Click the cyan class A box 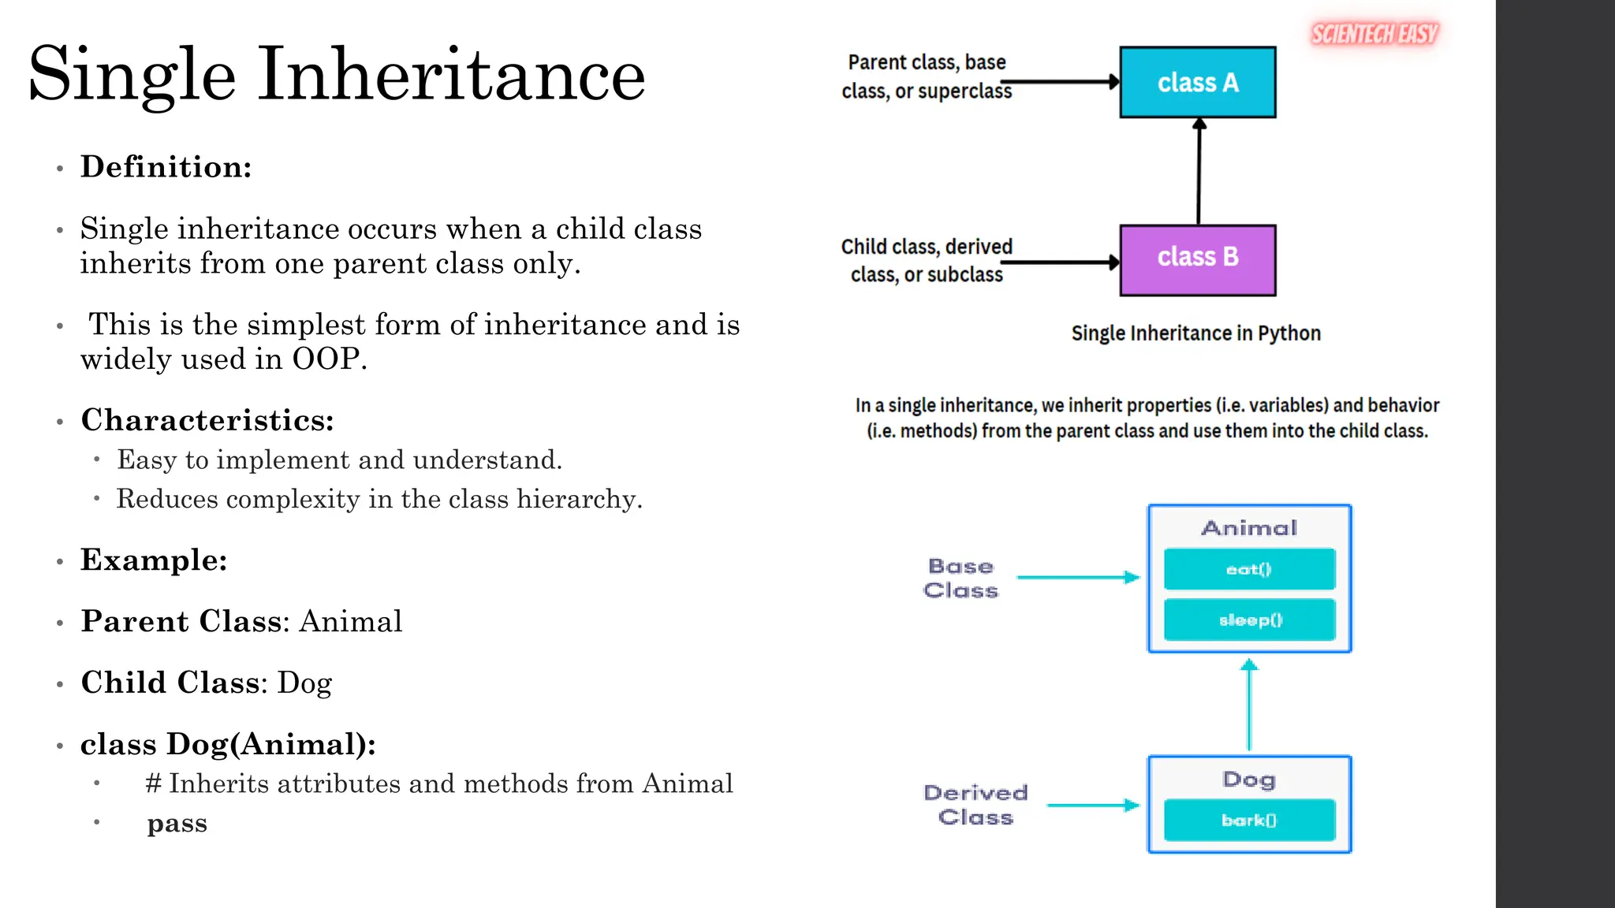(x=1197, y=82)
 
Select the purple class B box (x=1197, y=260)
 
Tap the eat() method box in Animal (x=1249, y=569)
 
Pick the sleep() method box (x=1249, y=620)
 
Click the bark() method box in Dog (x=1249, y=821)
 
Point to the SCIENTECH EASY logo (x=1374, y=34)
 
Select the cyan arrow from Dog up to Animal (x=1249, y=705)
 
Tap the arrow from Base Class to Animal (x=1077, y=578)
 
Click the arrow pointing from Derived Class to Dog (x=1092, y=806)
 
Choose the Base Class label (x=960, y=579)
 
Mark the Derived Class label (x=975, y=805)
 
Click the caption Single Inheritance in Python (x=1195, y=333)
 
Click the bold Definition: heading (x=166, y=167)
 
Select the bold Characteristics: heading (x=207, y=420)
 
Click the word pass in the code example (x=177, y=823)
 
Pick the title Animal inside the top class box (x=1249, y=528)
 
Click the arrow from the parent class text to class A (x=1061, y=82)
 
